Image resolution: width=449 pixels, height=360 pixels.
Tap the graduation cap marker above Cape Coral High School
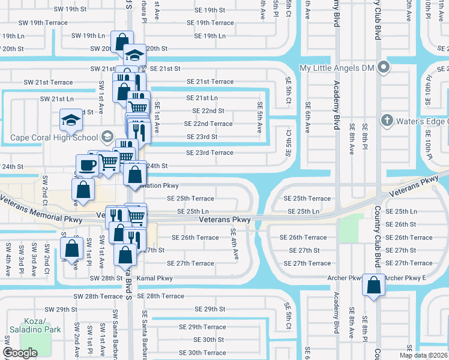pyautogui.click(x=71, y=121)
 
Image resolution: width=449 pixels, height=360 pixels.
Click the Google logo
pyautogui.click(x=20, y=353)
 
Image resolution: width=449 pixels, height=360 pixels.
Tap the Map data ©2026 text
pyautogui.click(x=423, y=355)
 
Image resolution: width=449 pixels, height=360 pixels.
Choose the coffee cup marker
pyautogui.click(x=86, y=165)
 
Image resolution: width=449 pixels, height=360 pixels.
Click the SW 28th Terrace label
pyautogui.click(x=98, y=296)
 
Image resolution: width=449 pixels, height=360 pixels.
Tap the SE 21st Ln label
pyautogui.click(x=202, y=98)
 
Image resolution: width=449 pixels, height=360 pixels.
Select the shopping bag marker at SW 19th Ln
pyautogui.click(x=122, y=42)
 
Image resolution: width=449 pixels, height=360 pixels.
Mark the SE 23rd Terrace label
pyautogui.click(x=209, y=152)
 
